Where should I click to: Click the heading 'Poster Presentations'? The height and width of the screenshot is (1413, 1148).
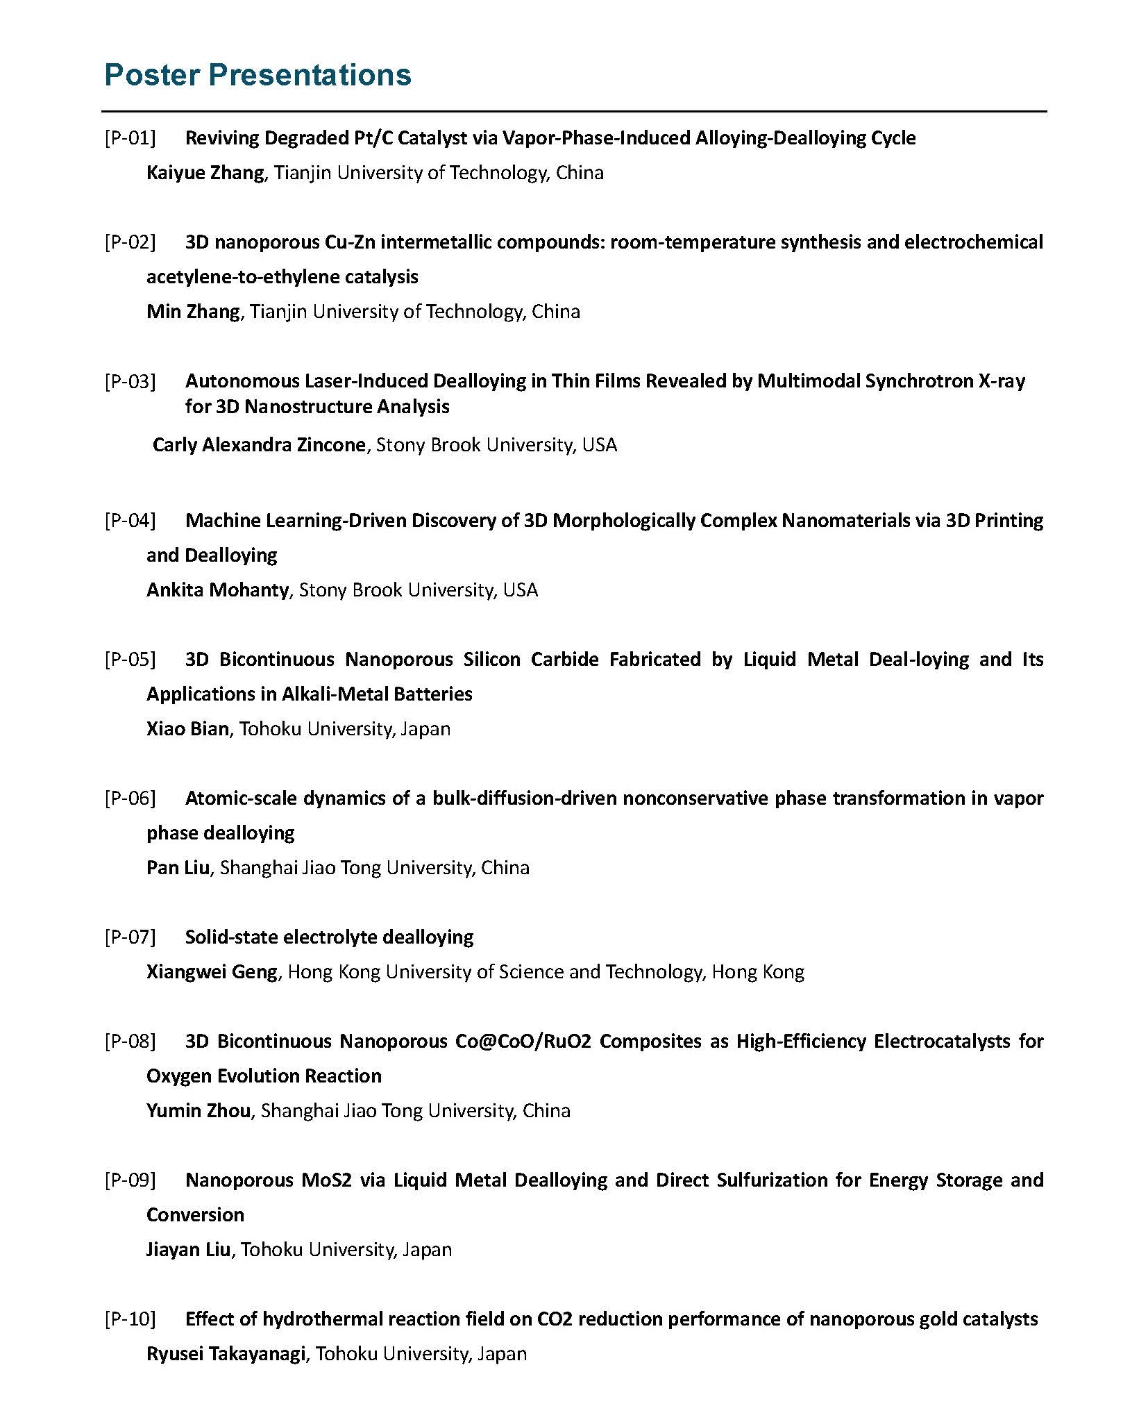coord(258,75)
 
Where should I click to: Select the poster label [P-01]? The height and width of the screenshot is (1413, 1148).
coord(130,138)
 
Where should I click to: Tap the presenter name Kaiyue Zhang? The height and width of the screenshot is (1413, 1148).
coord(205,173)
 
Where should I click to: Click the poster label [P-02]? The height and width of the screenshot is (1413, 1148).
coord(130,242)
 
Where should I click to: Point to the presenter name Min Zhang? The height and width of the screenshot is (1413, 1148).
coord(193,312)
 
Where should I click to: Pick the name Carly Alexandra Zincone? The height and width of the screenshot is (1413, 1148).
coord(258,444)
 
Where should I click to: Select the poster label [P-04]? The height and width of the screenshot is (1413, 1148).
coord(130,520)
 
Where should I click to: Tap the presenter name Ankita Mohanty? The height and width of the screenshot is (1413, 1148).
coord(217,590)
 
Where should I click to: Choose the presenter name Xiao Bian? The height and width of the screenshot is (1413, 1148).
coord(187,728)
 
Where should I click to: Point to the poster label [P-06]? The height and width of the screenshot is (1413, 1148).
coord(130,798)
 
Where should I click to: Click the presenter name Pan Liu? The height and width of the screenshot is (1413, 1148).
coord(178,867)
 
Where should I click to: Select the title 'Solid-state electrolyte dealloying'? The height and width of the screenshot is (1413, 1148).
coord(329,937)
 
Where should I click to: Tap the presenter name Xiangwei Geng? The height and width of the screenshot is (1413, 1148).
coord(212,971)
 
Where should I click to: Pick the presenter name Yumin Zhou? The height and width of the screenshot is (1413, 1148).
coord(199,1110)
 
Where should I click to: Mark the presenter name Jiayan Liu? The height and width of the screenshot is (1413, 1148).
coord(188,1249)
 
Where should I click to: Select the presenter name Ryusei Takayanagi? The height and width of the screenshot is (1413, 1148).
coord(226,1353)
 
